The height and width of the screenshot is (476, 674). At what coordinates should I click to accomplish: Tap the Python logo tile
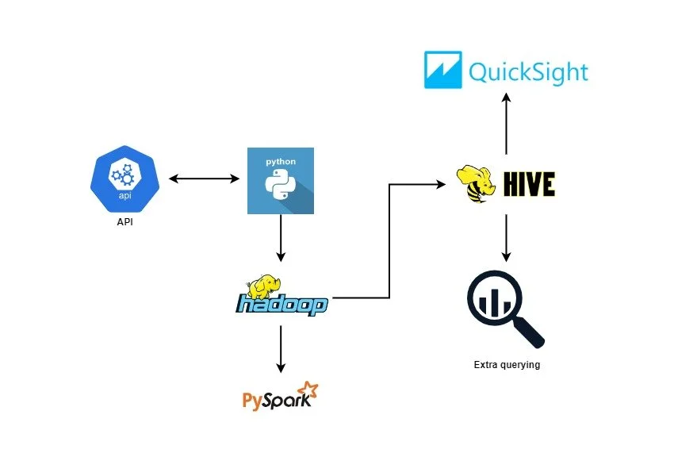281,181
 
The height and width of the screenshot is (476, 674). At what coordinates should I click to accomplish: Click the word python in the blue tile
281,161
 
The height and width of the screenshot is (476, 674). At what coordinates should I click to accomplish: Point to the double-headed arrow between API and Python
205,180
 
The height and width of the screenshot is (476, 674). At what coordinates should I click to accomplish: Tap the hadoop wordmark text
281,305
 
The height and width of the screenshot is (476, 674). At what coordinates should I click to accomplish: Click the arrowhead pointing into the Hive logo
440,185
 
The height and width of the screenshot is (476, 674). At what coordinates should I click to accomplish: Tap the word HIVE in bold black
529,185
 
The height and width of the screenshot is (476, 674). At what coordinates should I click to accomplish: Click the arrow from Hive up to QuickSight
506,123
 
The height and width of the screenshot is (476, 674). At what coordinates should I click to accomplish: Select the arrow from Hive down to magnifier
506,238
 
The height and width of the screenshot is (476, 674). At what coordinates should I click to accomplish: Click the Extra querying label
507,365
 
